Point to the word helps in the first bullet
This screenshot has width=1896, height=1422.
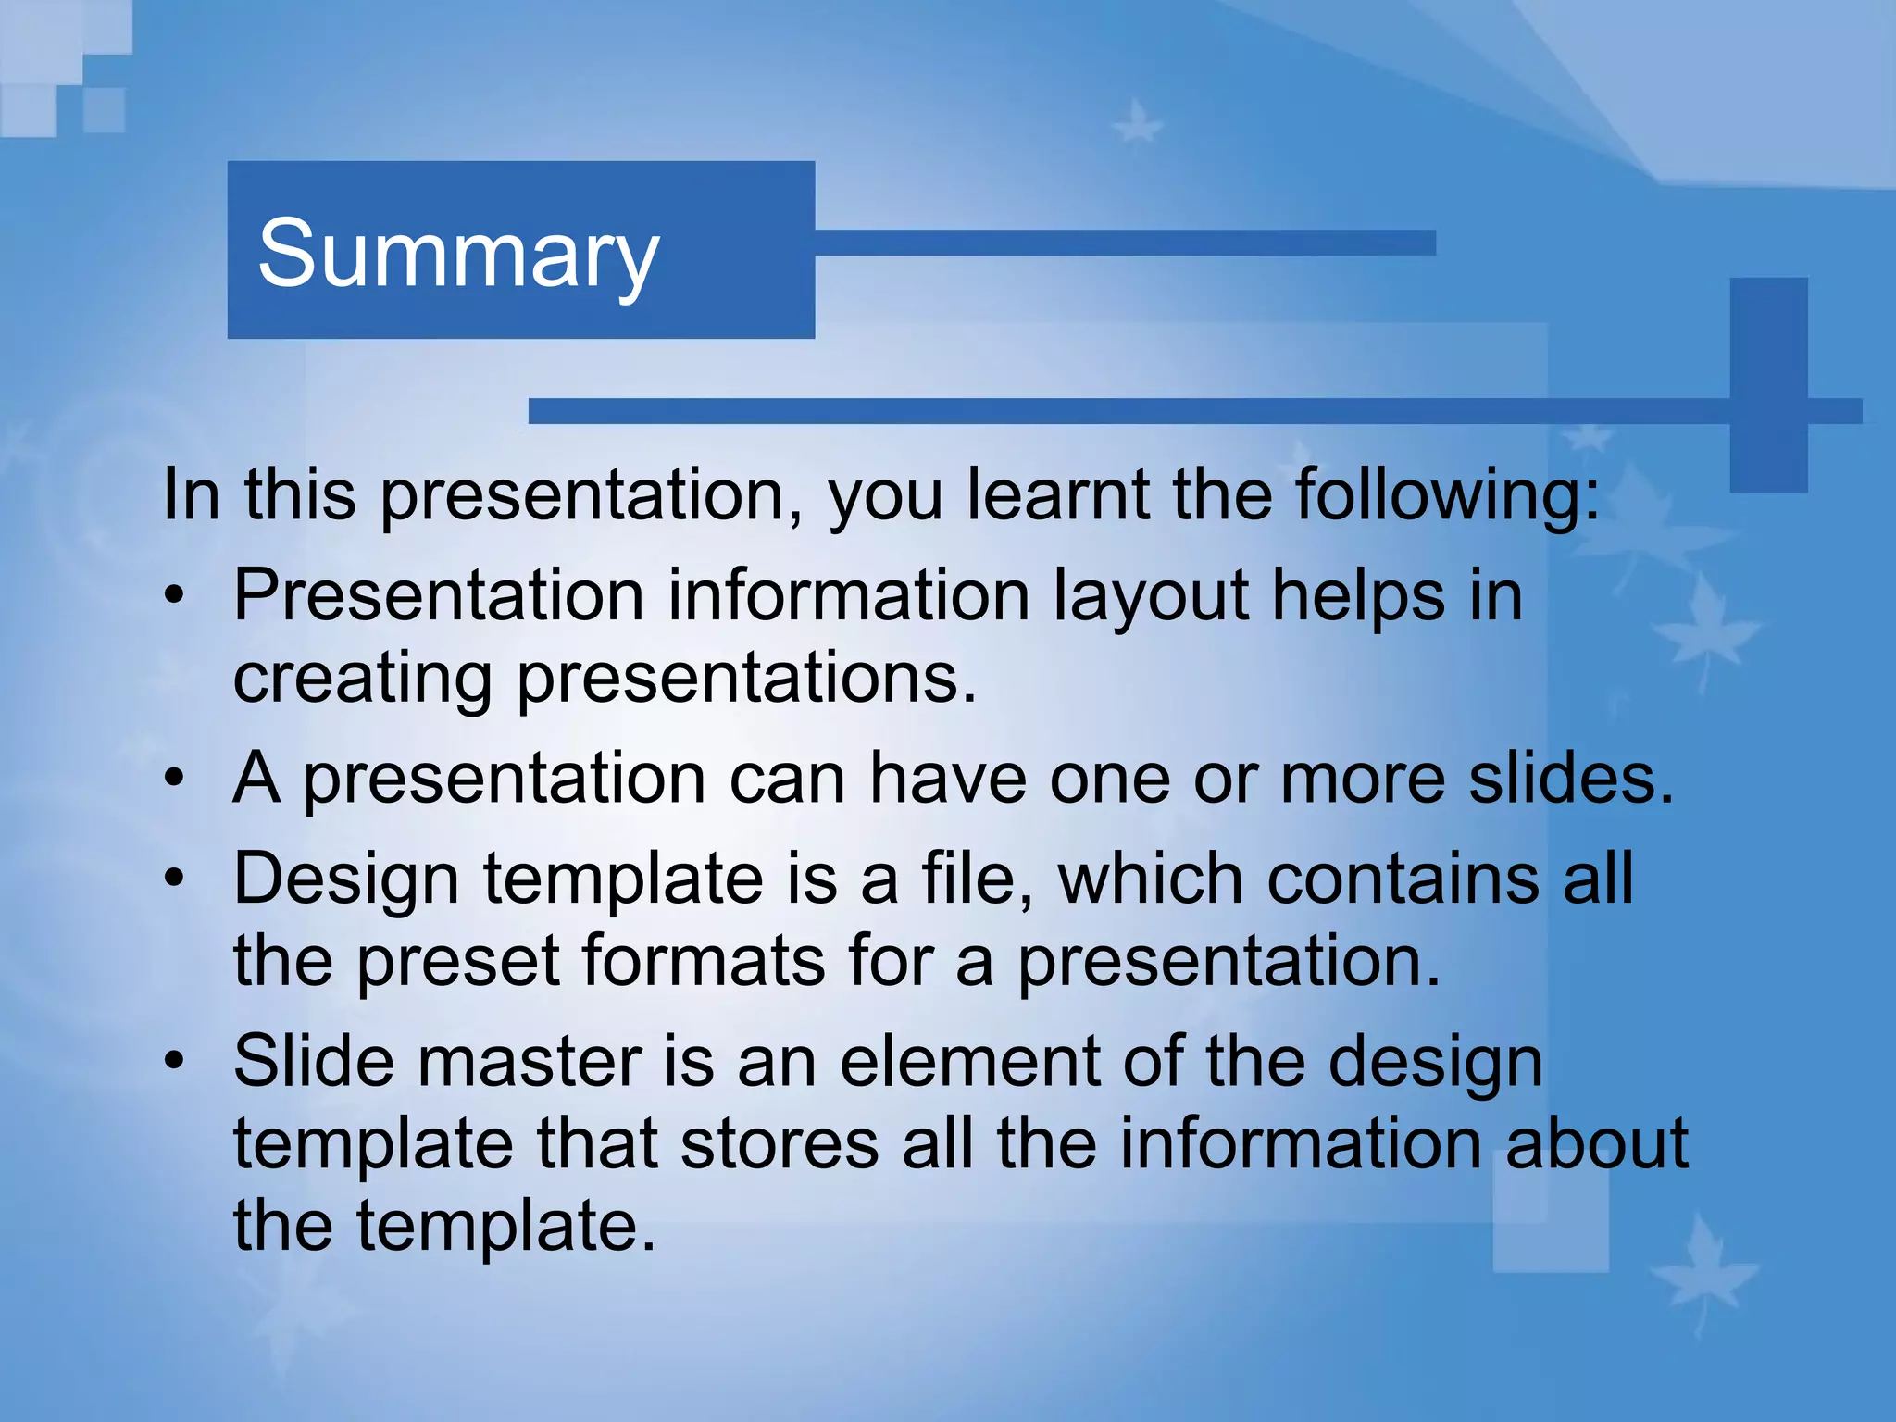coord(1357,597)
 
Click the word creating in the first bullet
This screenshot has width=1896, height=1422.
coord(362,680)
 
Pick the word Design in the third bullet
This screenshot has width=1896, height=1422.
coord(346,879)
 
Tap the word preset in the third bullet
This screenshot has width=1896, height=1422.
coord(458,961)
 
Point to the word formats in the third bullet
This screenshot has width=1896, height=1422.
coord(704,961)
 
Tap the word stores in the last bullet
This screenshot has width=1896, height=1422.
coord(779,1143)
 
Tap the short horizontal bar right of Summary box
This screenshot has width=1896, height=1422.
coord(1125,243)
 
